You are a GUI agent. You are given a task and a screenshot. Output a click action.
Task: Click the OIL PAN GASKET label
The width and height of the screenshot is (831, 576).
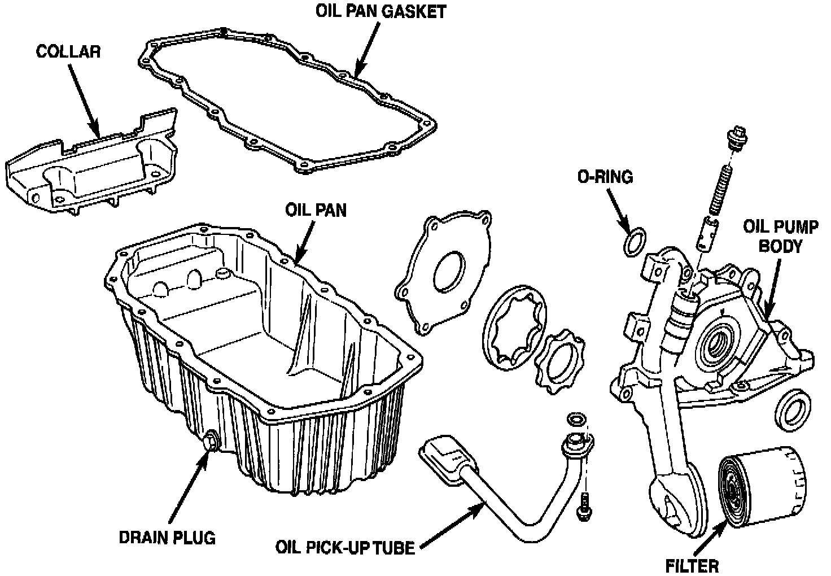[x=380, y=12]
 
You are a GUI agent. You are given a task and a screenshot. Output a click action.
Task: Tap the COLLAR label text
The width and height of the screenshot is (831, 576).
[x=68, y=52]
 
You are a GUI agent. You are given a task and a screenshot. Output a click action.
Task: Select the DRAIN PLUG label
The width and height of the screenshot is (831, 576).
[x=167, y=538]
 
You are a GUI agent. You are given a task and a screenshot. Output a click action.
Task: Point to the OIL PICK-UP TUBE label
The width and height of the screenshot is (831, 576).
[x=345, y=547]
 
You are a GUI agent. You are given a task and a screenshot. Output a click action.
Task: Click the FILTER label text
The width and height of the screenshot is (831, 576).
[x=692, y=565]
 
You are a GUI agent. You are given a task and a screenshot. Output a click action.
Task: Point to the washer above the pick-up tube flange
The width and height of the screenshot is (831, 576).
[x=575, y=420]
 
